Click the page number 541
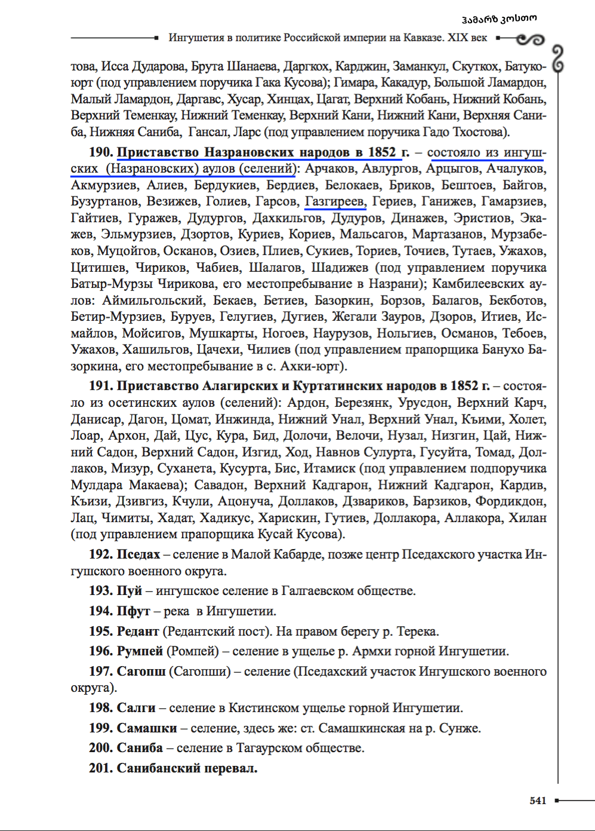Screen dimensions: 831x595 538,801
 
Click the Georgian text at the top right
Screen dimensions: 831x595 499,18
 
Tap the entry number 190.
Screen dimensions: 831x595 101,152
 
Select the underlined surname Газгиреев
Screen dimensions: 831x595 334,202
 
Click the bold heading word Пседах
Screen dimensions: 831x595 138,554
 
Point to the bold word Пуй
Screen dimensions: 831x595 129,591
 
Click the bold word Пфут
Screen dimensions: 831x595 133,611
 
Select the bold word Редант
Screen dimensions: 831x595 138,631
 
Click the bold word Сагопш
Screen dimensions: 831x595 141,671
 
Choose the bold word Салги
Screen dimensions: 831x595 136,708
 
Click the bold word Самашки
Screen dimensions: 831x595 147,728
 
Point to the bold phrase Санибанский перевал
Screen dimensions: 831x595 187,768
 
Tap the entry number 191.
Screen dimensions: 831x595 101,386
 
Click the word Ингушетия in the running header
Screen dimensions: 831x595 195,38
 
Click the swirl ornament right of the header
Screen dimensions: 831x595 530,39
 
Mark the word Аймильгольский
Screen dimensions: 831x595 153,300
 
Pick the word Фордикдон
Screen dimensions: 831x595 510,501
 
